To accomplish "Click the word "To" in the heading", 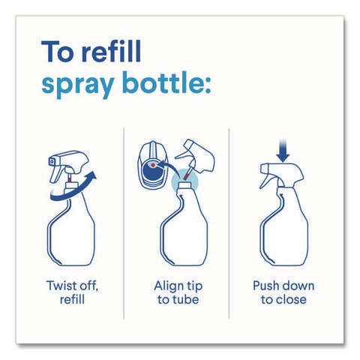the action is (x=57, y=52).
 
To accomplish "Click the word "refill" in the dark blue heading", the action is (x=112, y=51).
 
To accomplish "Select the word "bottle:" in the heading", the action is (x=166, y=82).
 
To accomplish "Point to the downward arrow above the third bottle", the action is (x=283, y=151).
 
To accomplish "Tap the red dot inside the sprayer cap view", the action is (x=153, y=165).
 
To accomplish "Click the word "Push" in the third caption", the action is (x=265, y=286).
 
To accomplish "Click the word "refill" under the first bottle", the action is (x=72, y=299).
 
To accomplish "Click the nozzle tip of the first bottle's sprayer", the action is (x=52, y=162).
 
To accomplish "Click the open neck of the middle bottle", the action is (x=184, y=185).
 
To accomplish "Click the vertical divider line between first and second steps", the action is (x=124, y=223).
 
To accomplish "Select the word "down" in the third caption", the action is (x=298, y=286).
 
